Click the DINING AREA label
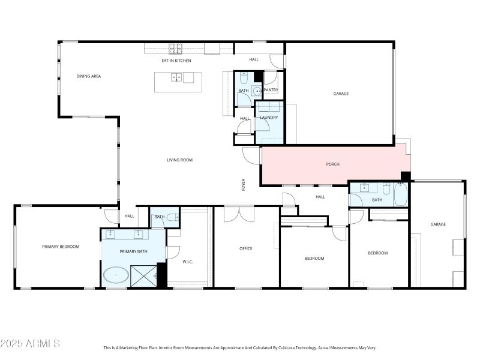point(88,76)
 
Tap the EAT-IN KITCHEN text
point(176,61)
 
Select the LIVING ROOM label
point(179,160)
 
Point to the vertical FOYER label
point(244,184)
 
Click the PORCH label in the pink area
point(333,164)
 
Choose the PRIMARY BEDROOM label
point(61,247)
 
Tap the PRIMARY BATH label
point(133,251)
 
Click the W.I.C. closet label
point(188,262)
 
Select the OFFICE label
point(246,248)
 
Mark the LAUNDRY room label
point(269,118)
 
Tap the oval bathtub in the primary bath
point(115,276)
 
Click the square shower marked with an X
point(144,276)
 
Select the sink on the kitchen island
point(176,77)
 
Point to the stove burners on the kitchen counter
point(175,47)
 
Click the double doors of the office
point(239,214)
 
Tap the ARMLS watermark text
point(30,344)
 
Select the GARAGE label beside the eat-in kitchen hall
point(341,94)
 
